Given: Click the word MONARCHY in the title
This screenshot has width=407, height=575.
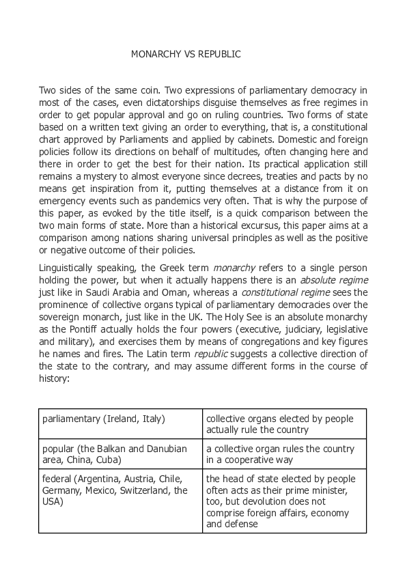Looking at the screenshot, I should (156, 54).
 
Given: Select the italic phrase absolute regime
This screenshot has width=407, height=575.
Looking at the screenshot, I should (325, 280).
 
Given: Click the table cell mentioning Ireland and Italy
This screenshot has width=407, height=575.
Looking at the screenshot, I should (120, 423).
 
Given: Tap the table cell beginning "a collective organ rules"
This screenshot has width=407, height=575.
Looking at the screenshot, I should (284, 454).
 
